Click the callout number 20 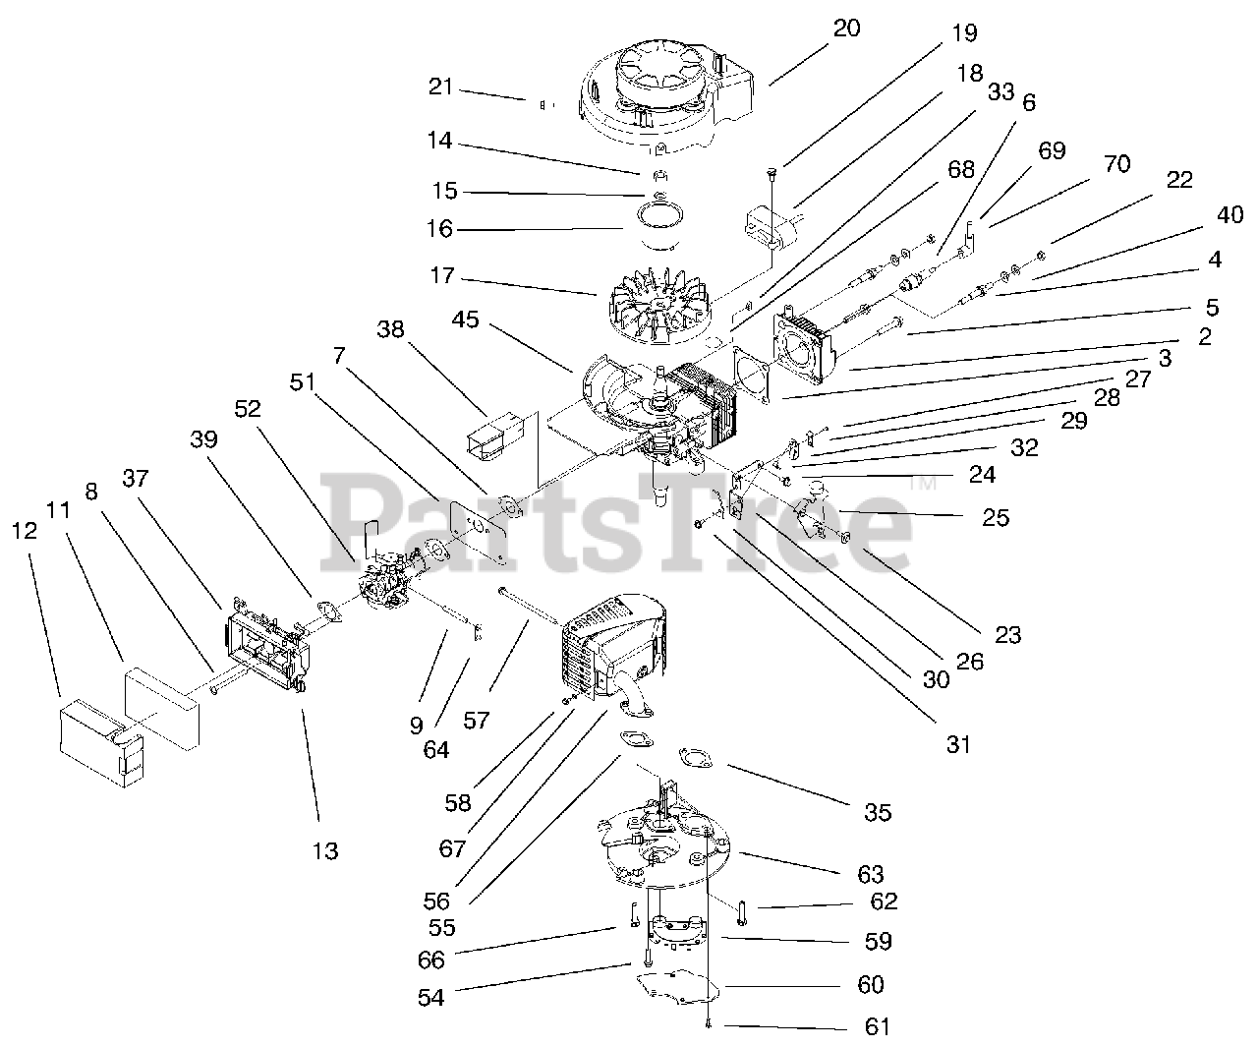click(x=845, y=28)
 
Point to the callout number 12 click(x=26, y=532)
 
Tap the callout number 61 click(x=877, y=1027)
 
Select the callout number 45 click(x=467, y=320)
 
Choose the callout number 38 click(x=391, y=329)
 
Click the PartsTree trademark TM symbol click(x=923, y=484)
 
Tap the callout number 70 click(x=1116, y=164)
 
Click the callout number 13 click(x=325, y=850)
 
